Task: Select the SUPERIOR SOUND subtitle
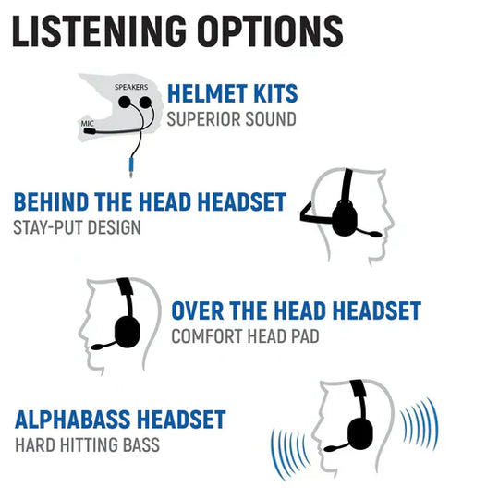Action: [x=231, y=119]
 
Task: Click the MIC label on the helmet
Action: [x=87, y=121]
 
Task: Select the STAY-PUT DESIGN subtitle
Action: [x=78, y=226]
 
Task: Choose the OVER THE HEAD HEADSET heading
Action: [x=296, y=311]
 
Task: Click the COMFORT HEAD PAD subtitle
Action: [x=245, y=335]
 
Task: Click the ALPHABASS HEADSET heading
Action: [x=120, y=420]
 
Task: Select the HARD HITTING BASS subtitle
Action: [x=87, y=444]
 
